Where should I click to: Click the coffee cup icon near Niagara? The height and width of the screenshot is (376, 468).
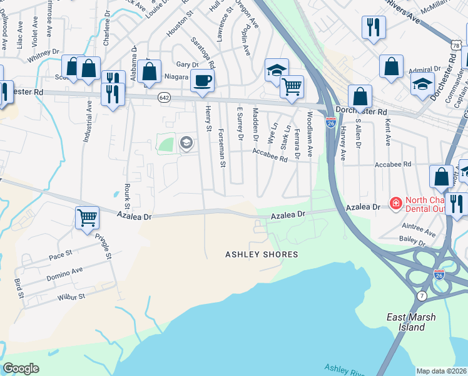pyautogui.click(x=201, y=81)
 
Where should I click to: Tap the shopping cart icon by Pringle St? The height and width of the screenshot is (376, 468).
pyautogui.click(x=88, y=218)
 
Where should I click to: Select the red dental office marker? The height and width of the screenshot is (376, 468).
pyautogui.click(x=395, y=203)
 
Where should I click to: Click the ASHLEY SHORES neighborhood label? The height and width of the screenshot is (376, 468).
pyautogui.click(x=262, y=254)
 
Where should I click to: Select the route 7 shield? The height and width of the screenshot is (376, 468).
pyautogui.click(x=422, y=295)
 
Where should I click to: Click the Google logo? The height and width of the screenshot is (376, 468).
pyautogui.click(x=21, y=368)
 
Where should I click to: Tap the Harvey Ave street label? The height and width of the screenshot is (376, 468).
pyautogui.click(x=343, y=144)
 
